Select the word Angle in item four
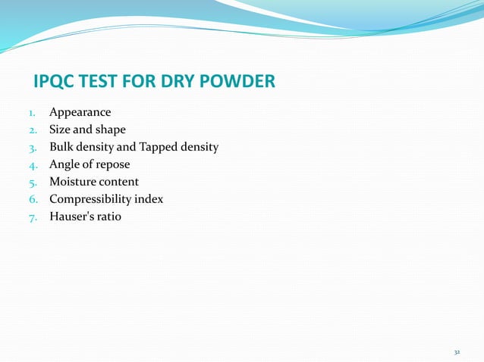[x=64, y=164]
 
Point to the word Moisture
[x=73, y=182]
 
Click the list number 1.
[x=33, y=114]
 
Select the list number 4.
[x=33, y=165]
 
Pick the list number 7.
[x=33, y=217]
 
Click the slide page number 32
[x=457, y=353]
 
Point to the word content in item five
[x=119, y=182]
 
